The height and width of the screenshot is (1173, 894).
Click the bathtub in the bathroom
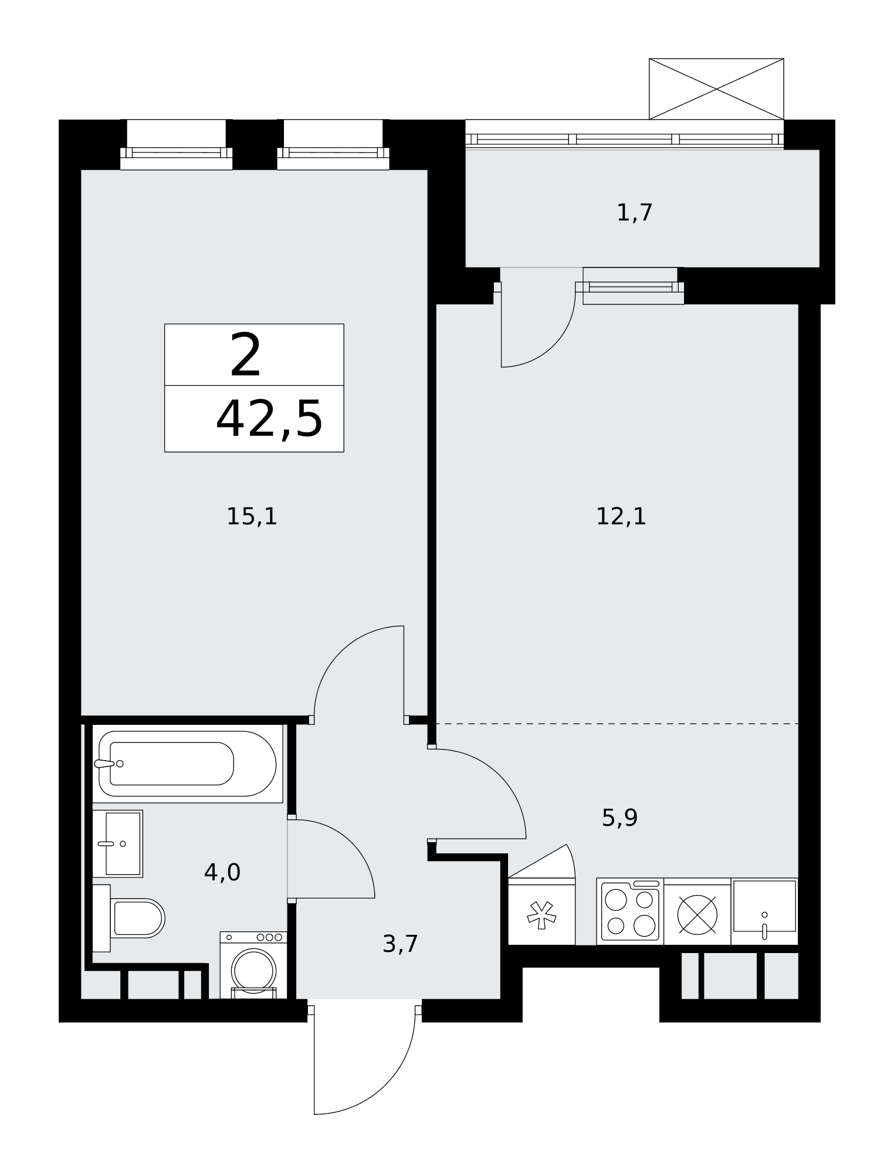(x=187, y=763)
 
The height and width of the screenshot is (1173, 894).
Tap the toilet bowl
(x=128, y=918)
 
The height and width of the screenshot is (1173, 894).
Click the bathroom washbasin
(x=117, y=843)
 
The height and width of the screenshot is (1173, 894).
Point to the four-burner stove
(x=630, y=912)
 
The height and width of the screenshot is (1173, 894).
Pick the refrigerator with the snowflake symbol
(x=541, y=911)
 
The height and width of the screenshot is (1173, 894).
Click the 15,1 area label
(x=252, y=517)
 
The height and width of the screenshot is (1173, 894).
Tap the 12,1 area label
(x=621, y=517)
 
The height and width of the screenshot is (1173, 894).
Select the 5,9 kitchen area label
(x=619, y=818)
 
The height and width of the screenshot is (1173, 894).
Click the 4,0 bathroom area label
(x=222, y=873)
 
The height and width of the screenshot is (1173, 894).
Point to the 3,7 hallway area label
(x=400, y=944)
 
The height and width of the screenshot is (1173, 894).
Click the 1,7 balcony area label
(x=635, y=212)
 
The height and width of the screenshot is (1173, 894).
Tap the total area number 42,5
(x=269, y=419)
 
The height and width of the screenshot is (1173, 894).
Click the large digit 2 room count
(x=245, y=355)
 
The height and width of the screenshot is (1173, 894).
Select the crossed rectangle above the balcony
(x=716, y=89)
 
